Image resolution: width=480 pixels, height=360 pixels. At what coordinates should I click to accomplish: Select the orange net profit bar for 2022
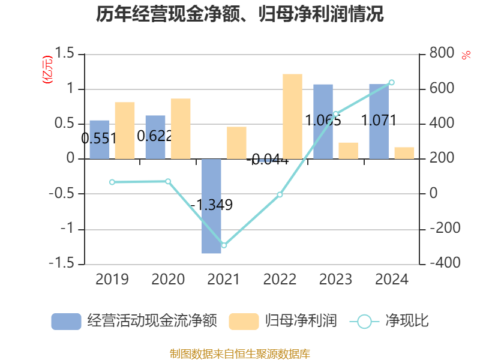(x=292, y=116)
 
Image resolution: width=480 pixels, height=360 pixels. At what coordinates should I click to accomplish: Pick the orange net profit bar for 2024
(x=404, y=153)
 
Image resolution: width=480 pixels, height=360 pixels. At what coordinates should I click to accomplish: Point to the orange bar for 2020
(x=181, y=128)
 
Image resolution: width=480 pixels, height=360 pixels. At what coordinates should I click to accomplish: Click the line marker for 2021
(x=224, y=245)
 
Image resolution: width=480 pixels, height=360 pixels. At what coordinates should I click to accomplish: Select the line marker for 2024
(x=391, y=82)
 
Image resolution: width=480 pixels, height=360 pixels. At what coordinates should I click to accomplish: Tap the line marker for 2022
(x=280, y=194)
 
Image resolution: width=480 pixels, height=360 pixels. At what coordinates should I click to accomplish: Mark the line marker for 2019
(x=112, y=182)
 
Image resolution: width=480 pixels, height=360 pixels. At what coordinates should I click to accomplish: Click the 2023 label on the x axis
(x=335, y=280)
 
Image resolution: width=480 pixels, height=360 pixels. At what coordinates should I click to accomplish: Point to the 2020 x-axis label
(x=168, y=280)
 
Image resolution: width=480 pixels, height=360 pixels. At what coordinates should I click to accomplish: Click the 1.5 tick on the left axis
(x=67, y=54)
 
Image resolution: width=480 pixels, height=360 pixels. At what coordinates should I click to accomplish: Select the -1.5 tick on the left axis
(x=64, y=264)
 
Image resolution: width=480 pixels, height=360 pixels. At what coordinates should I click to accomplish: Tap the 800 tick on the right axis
(x=442, y=54)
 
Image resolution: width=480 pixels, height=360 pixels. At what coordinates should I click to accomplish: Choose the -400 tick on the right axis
(x=444, y=264)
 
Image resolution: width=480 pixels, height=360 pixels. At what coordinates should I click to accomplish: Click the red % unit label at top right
(x=466, y=55)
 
